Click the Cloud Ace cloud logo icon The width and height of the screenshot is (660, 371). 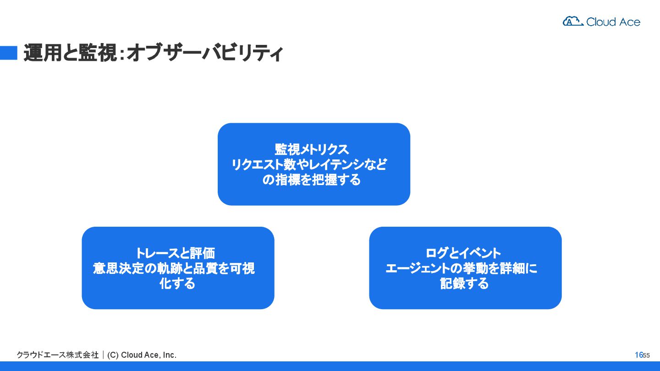572,21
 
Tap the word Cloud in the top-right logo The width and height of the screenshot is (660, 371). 600,22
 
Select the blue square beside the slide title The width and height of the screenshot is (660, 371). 8,53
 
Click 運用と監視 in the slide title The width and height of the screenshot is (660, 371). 68,53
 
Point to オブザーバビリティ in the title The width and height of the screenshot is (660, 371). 204,53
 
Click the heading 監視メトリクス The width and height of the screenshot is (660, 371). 312,149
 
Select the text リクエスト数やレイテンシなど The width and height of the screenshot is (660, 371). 309,164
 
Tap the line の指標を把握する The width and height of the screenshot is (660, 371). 312,180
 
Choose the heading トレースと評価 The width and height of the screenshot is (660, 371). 175,253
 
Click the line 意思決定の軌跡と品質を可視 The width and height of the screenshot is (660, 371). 174,268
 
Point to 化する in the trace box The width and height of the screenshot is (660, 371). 177,284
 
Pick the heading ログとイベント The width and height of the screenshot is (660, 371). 463,253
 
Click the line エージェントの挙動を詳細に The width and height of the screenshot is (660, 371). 461,268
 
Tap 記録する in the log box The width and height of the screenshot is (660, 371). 464,284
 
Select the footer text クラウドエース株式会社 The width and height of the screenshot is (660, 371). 58,355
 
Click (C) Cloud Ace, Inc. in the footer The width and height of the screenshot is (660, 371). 142,355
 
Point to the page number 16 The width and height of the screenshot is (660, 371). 638,355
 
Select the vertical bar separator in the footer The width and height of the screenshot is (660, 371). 103,355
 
